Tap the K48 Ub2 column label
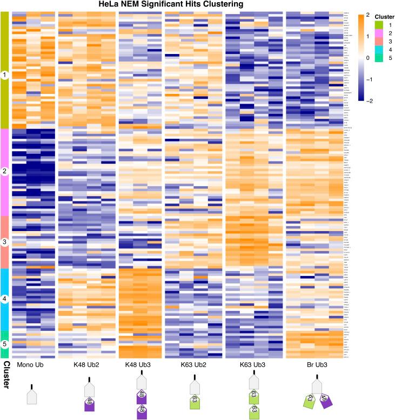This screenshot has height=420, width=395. pyautogui.click(x=86, y=365)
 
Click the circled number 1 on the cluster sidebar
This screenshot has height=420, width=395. pyautogui.click(x=5, y=76)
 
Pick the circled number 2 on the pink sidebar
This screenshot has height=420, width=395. pyautogui.click(x=5, y=172)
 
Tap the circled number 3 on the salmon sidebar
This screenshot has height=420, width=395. pyautogui.click(x=5, y=242)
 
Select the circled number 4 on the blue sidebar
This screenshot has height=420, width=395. pyautogui.click(x=5, y=299)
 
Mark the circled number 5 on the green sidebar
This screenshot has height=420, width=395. pyautogui.click(x=5, y=344)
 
